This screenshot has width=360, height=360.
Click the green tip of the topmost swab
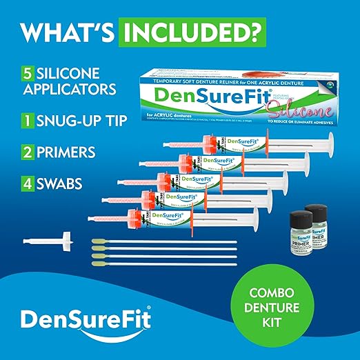pos(97,241)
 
